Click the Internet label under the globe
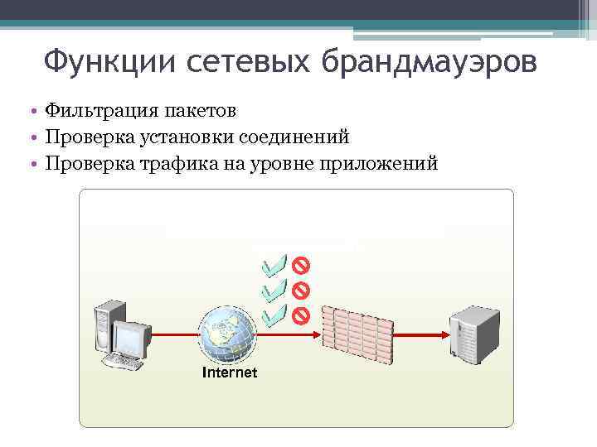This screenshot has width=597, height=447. click(230, 372)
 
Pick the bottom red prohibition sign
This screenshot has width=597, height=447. click(300, 315)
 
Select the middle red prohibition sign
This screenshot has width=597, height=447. click(300, 290)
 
